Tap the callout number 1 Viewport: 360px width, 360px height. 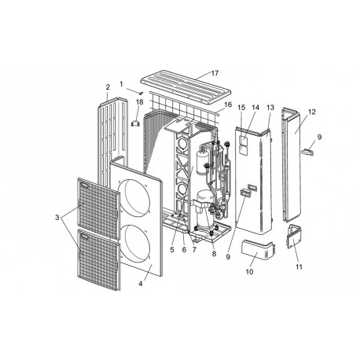[122, 83]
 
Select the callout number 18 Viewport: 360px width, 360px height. [139, 102]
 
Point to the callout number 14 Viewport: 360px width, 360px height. [254, 106]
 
